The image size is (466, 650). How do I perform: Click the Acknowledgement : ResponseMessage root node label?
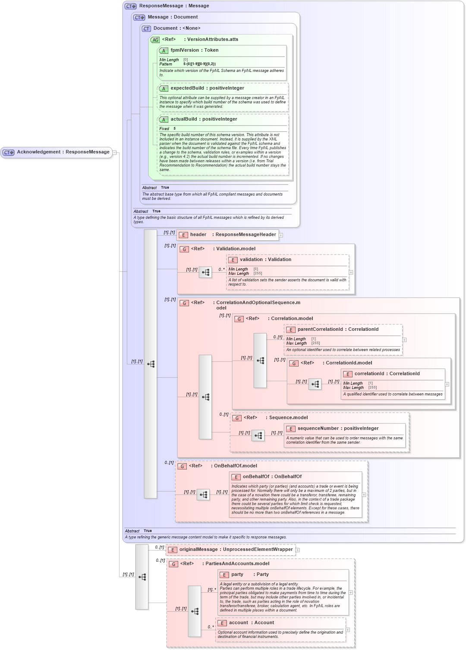pyautogui.click(x=63, y=152)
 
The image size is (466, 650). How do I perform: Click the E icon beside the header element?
pyautogui.click(x=183, y=235)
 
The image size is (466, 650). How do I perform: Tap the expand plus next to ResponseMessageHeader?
pyautogui.click(x=281, y=235)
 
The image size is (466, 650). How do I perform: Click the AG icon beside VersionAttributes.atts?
pyautogui.click(x=155, y=40)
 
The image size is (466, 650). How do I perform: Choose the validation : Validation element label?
pyautogui.click(x=265, y=260)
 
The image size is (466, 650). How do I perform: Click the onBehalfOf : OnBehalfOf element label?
pyautogui.click(x=272, y=477)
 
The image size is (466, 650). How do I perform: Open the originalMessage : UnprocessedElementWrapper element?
pyautogui.click(x=236, y=550)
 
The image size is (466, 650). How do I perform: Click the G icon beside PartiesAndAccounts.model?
pyautogui.click(x=173, y=564)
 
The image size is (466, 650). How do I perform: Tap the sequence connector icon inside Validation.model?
pyautogui.click(x=205, y=272)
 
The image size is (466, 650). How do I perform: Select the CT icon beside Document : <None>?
pyautogui.click(x=146, y=28)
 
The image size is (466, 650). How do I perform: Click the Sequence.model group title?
pyautogui.click(x=288, y=418)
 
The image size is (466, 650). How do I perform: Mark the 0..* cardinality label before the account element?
pyautogui.click(x=211, y=627)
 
